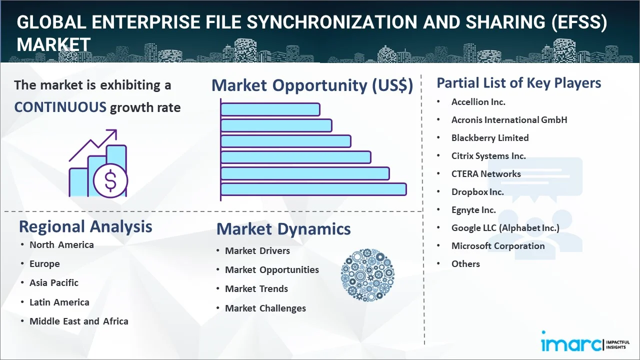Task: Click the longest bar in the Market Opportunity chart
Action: [313, 189]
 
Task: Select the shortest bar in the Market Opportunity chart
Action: [270, 109]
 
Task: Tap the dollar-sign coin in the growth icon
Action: [110, 181]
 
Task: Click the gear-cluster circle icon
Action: [367, 275]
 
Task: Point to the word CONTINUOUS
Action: [60, 107]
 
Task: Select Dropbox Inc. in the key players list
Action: [477, 192]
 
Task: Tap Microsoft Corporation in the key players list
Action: [498, 246]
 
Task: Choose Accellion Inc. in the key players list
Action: [478, 102]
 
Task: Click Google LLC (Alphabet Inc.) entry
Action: [505, 228]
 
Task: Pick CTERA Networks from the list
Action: [486, 174]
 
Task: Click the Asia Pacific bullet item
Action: [54, 283]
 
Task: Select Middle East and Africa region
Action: [79, 321]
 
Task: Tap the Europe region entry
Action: [44, 264]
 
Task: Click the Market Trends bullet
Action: [256, 289]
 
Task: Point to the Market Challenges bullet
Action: [265, 308]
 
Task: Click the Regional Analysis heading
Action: [85, 226]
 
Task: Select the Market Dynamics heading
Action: [283, 229]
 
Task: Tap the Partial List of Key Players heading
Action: [519, 82]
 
